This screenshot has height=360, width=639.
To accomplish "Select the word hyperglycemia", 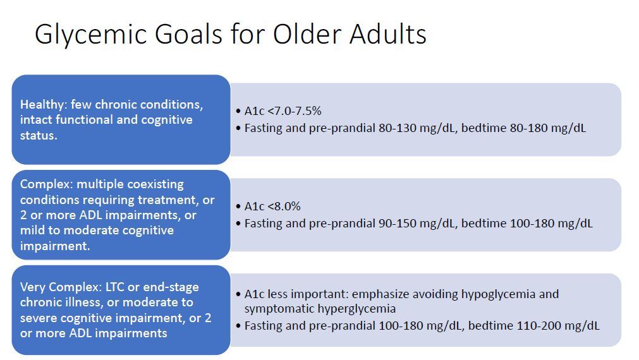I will pos(365,309).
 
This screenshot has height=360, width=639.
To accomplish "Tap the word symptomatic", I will pos(276,309).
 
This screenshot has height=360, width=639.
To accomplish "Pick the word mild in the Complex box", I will pos(33,231).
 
